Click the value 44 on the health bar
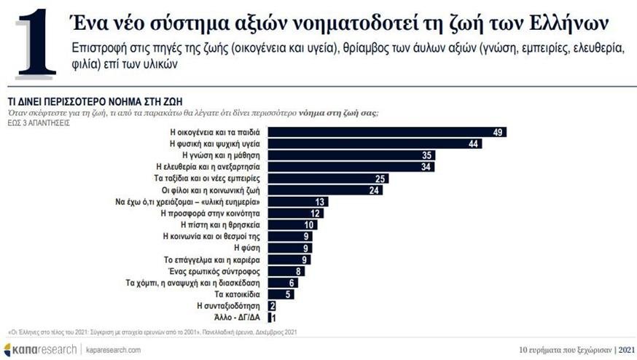coord(473,144)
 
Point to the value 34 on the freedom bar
coord(426,167)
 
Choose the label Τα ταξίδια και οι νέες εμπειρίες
coord(208,179)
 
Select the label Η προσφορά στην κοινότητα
coord(211,214)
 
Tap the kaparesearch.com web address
coord(114,350)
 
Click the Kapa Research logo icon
coord(9,350)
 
